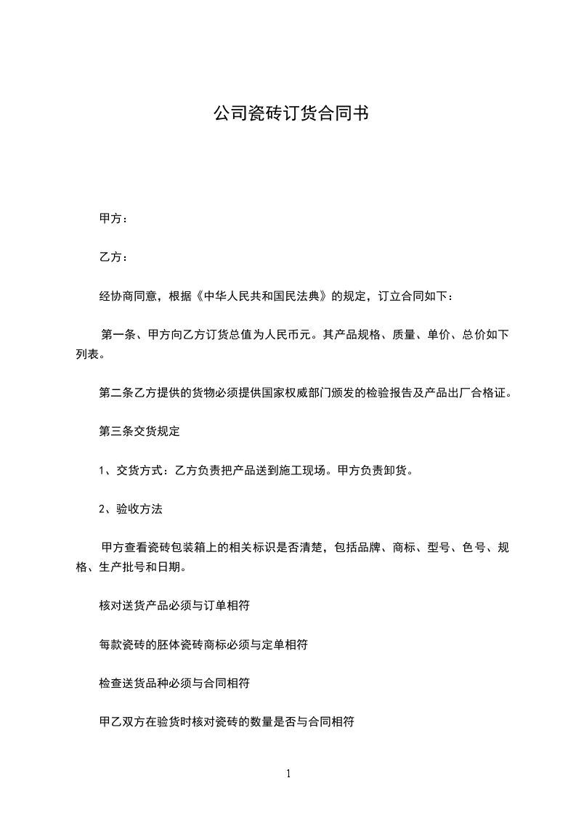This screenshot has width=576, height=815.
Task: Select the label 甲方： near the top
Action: (x=113, y=218)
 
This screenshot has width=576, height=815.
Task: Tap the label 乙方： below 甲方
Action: (x=113, y=257)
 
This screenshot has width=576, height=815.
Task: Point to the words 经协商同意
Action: (x=127, y=296)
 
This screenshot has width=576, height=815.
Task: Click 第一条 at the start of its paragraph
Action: (x=119, y=336)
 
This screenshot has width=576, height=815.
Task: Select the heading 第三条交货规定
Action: (x=139, y=431)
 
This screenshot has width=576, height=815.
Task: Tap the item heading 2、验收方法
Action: (x=131, y=509)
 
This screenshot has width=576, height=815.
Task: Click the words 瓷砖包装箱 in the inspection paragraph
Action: (x=178, y=548)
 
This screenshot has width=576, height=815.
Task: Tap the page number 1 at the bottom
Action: (x=288, y=774)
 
